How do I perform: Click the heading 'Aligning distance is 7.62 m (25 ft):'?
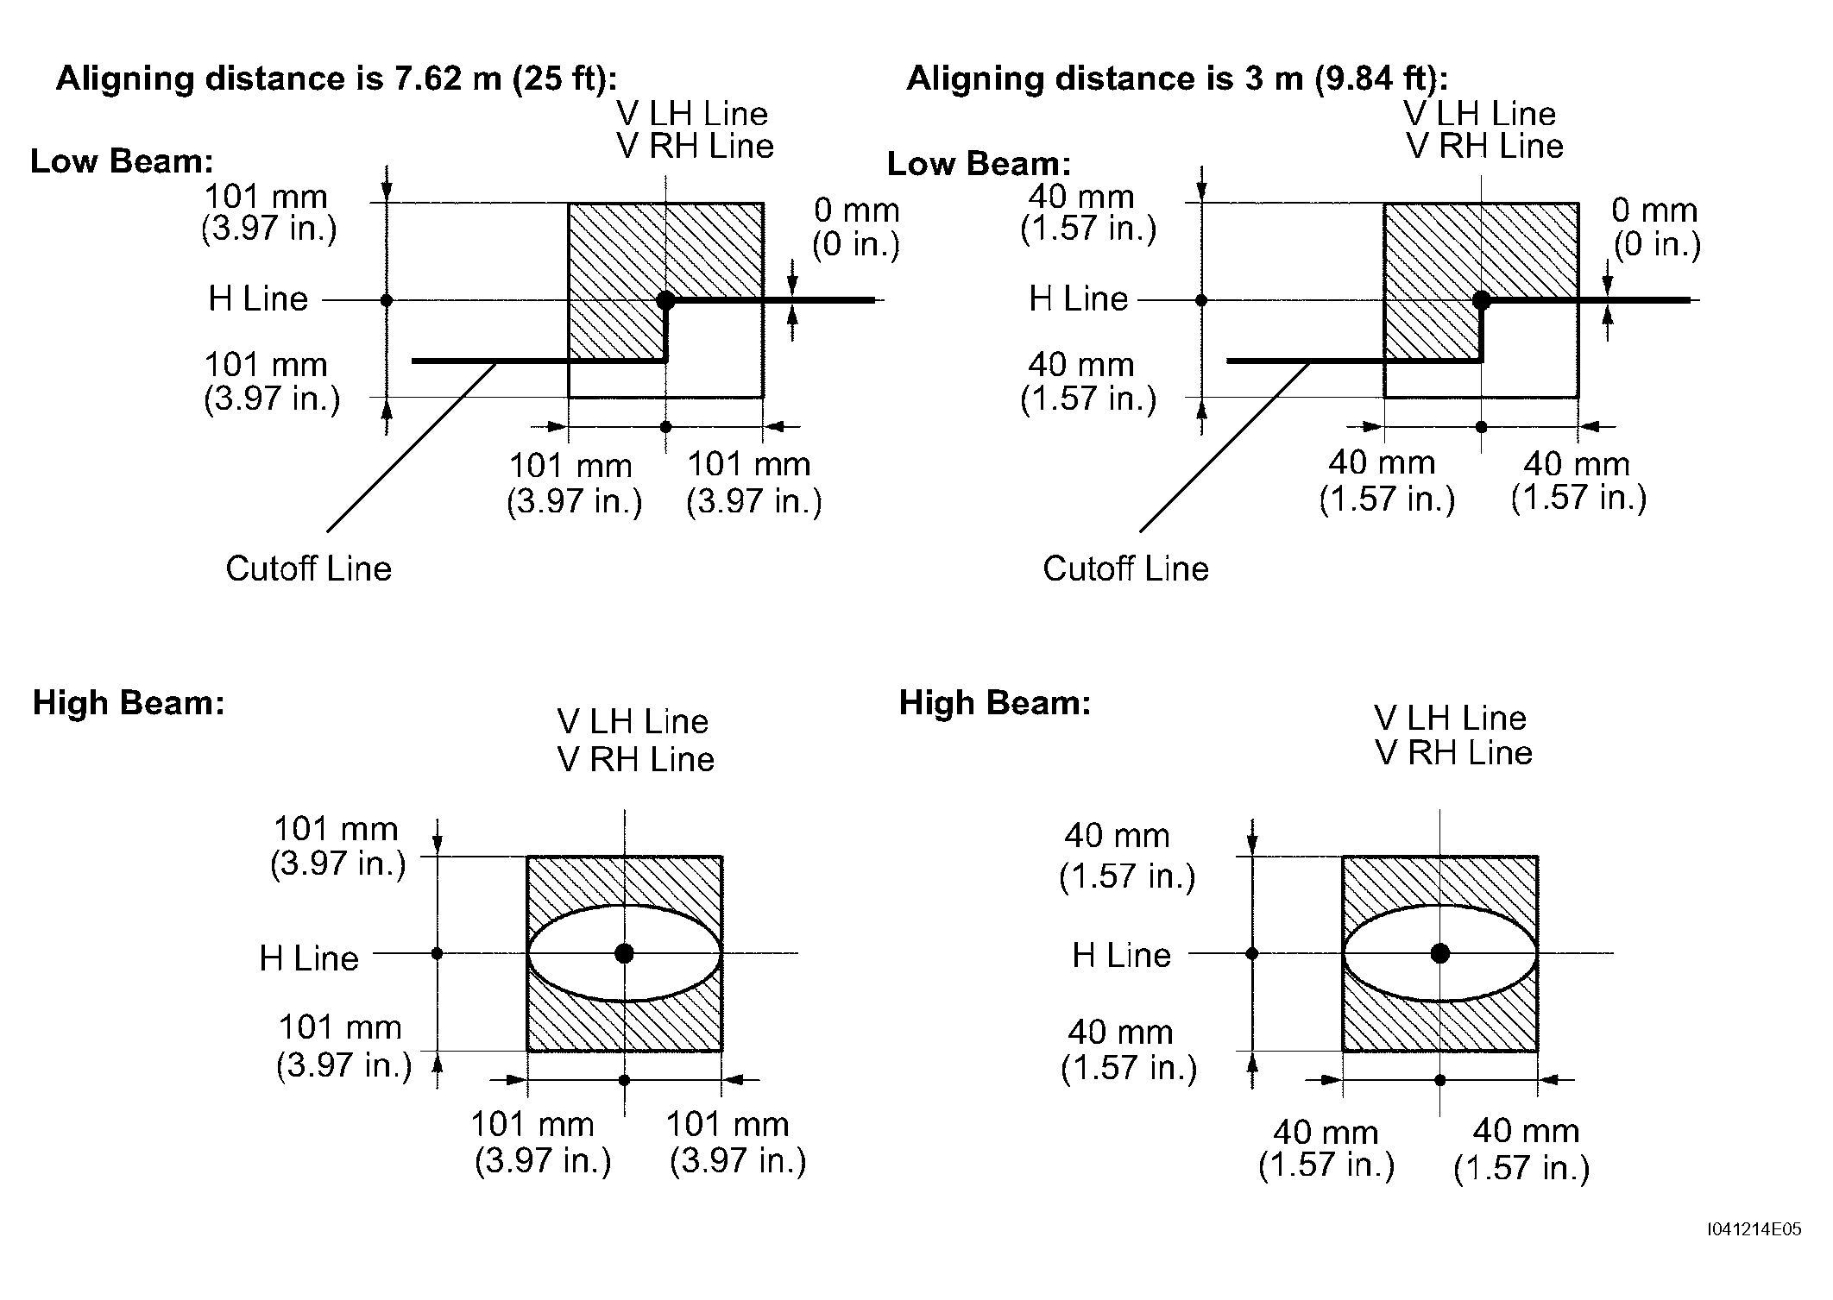pyautogui.click(x=337, y=79)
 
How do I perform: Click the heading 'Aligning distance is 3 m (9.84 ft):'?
pyautogui.click(x=1177, y=79)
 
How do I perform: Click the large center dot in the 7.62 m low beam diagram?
pyautogui.click(x=665, y=300)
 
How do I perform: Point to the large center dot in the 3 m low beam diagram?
pyautogui.click(x=1482, y=300)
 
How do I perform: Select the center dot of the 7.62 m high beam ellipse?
pyautogui.click(x=625, y=953)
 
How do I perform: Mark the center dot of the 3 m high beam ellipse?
pyautogui.click(x=1439, y=953)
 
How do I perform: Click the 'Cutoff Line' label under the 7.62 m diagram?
pyautogui.click(x=308, y=568)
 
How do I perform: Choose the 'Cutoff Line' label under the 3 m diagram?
pyautogui.click(x=1125, y=568)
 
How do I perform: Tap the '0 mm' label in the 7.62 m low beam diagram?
pyautogui.click(x=857, y=210)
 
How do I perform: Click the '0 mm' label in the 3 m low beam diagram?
pyautogui.click(x=1654, y=210)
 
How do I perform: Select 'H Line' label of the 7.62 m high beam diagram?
pyautogui.click(x=309, y=958)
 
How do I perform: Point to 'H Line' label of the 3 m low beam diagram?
pyautogui.click(x=1079, y=298)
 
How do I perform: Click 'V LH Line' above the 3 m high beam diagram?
pyautogui.click(x=1451, y=718)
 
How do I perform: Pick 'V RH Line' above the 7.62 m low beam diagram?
pyautogui.click(x=696, y=146)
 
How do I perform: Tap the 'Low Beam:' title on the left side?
pyautogui.click(x=122, y=161)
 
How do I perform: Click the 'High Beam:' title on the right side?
pyautogui.click(x=995, y=702)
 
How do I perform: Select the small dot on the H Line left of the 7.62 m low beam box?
pyautogui.click(x=387, y=300)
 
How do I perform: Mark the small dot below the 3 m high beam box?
pyautogui.click(x=1439, y=1079)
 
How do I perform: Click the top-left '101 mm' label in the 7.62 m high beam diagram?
pyautogui.click(x=336, y=829)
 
